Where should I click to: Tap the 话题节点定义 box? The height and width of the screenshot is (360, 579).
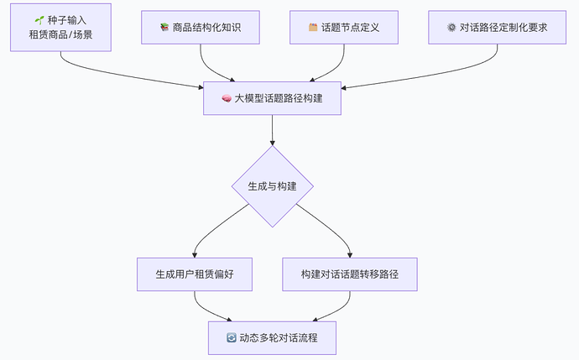(344, 27)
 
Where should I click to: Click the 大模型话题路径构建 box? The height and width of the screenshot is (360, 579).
(272, 98)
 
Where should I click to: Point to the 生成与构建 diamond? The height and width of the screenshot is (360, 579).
(272, 185)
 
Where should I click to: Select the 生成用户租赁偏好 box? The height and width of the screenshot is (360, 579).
(195, 274)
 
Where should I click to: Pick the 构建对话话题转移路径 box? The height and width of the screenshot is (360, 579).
(349, 274)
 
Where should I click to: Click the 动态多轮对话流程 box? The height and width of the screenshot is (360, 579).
(272, 337)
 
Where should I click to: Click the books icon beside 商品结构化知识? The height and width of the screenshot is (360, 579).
(164, 27)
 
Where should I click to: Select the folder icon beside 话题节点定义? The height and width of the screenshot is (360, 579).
(313, 27)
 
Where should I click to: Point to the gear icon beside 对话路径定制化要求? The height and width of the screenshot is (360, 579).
(452, 27)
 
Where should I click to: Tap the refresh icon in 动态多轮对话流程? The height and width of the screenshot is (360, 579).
(232, 337)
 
